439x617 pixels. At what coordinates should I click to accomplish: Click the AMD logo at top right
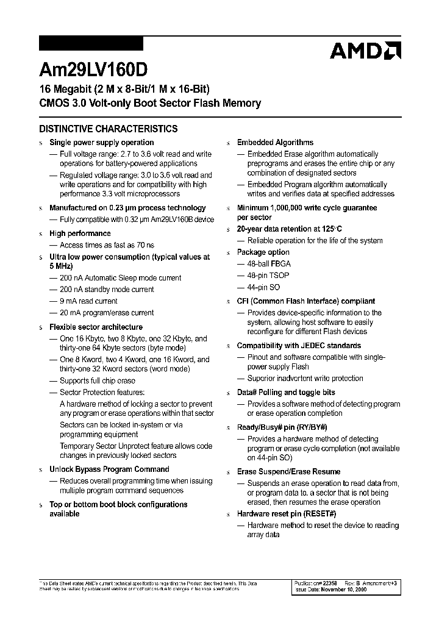(x=365, y=51)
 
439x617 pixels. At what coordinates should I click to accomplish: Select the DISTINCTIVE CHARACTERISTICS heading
(x=109, y=129)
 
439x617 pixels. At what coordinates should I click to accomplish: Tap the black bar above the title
(x=91, y=43)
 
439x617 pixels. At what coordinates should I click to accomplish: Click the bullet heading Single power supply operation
(x=101, y=142)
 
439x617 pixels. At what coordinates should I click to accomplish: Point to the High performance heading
(x=80, y=234)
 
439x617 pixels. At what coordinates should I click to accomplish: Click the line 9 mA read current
(x=88, y=301)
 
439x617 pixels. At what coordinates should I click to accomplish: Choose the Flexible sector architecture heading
(x=96, y=327)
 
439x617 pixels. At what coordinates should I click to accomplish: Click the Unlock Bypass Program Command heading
(x=109, y=469)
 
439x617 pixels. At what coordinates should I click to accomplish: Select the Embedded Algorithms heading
(x=275, y=142)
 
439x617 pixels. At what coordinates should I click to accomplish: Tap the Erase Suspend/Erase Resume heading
(x=288, y=472)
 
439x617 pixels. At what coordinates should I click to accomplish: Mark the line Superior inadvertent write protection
(x=304, y=379)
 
